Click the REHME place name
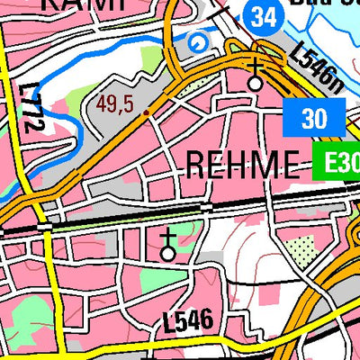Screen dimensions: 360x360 [241, 165]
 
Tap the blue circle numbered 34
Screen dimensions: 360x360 [262, 15]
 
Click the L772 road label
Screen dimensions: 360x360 [34, 109]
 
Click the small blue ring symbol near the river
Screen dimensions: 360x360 [195, 41]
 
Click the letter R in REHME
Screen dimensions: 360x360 [195, 165]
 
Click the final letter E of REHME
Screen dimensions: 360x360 [289, 165]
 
